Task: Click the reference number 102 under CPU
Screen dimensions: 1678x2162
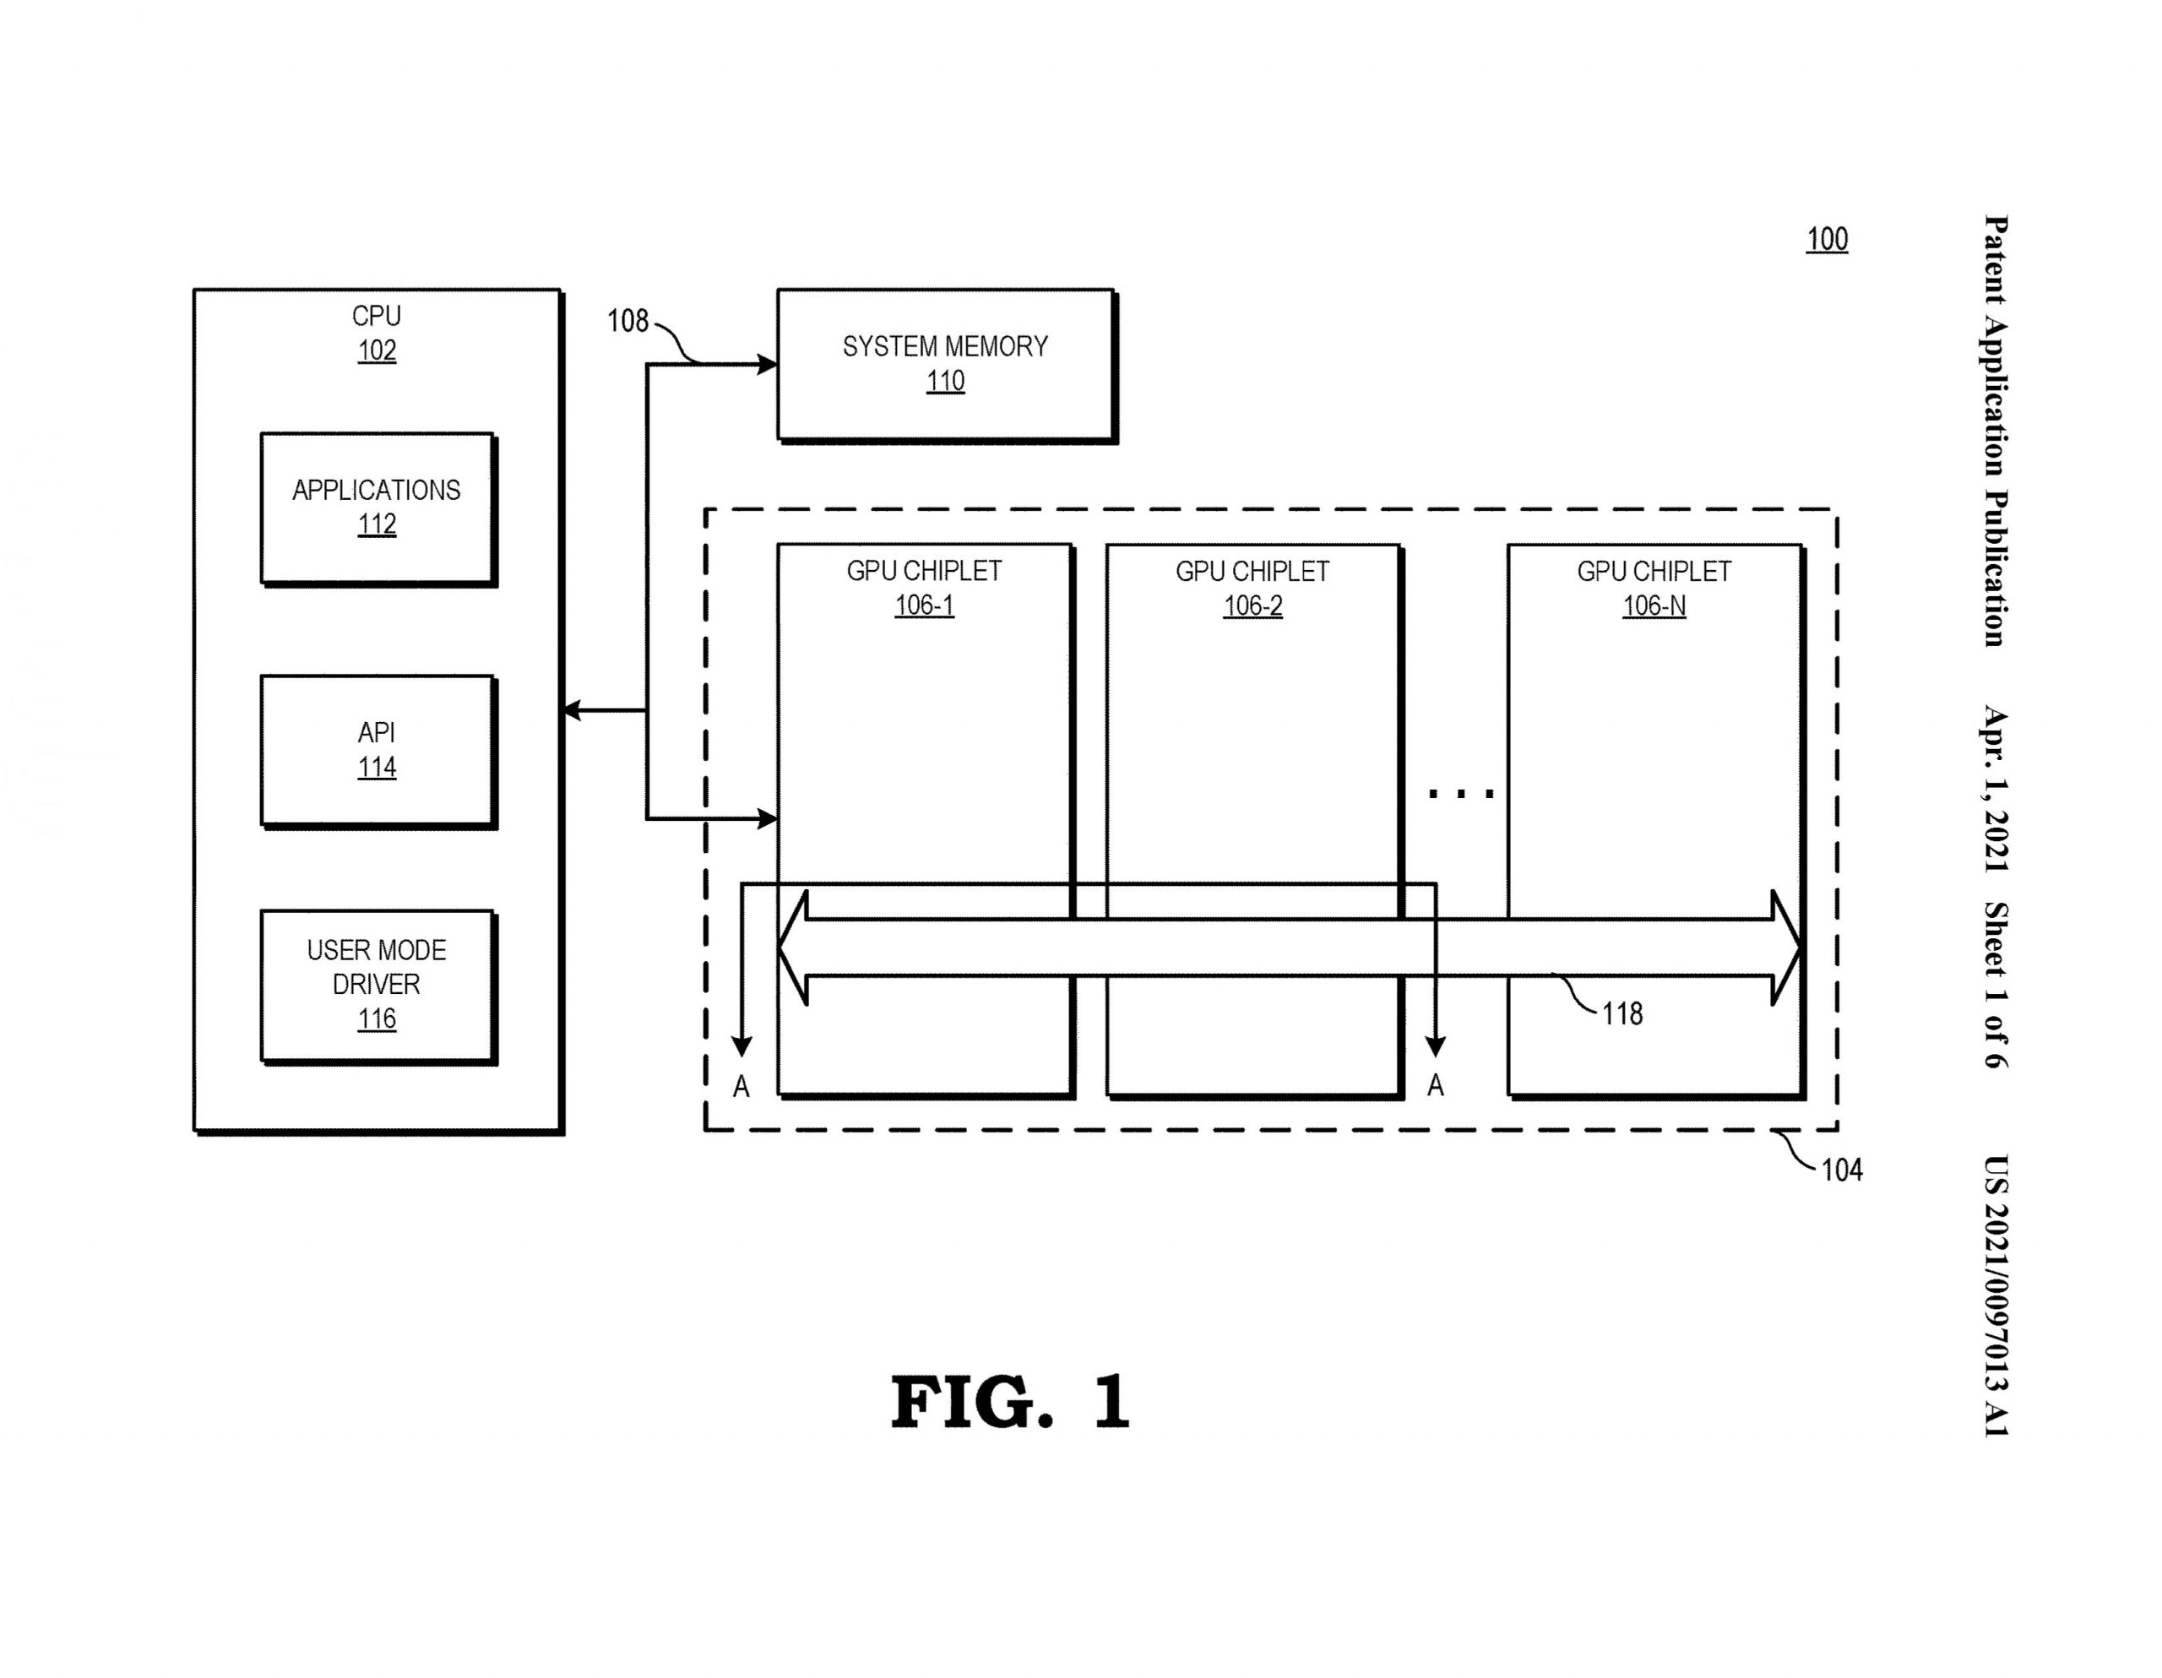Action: [x=376, y=350]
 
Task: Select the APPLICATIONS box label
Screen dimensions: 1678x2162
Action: [x=376, y=490]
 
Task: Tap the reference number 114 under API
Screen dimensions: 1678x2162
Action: [x=376, y=768]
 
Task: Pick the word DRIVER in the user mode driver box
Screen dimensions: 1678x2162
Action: [x=376, y=984]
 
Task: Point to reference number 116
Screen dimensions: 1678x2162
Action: [x=376, y=1018]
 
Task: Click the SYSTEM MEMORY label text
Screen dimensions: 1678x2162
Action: [x=944, y=346]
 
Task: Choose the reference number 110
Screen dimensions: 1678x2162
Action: [x=944, y=381]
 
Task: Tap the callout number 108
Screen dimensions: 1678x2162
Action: [x=627, y=321]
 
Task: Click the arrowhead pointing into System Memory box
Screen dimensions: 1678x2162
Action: [x=767, y=364]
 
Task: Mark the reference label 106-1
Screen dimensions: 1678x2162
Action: [x=924, y=605]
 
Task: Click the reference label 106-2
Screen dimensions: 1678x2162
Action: [x=1252, y=605]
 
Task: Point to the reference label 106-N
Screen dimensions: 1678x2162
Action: [x=1654, y=605]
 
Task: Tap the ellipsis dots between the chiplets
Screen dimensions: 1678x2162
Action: [x=1461, y=793]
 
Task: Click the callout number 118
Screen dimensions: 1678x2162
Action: [x=1622, y=1013]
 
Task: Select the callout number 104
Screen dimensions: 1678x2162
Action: [x=1841, y=1170]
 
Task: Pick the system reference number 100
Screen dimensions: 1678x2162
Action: [x=1827, y=240]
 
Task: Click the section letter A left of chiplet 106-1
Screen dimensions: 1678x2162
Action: [x=741, y=1087]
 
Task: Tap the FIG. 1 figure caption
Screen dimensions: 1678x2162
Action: [x=1010, y=1402]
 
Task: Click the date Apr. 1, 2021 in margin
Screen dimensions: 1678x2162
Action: [x=1996, y=789]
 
